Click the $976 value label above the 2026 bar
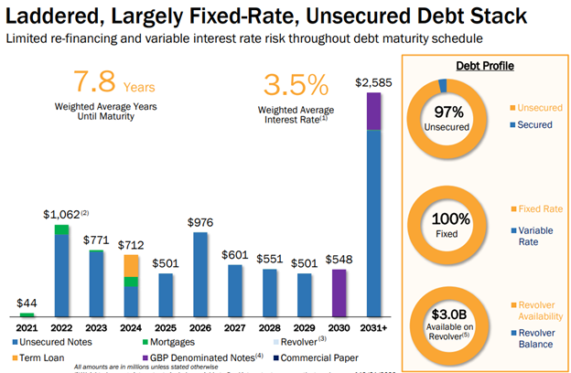coord(200,221)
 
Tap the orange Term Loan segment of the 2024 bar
coord(132,265)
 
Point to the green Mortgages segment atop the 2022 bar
coord(62,229)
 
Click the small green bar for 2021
coord(28,314)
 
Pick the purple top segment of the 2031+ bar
coord(372,111)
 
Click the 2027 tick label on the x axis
coord(234,326)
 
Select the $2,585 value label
coord(372,83)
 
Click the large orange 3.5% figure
coord(295,85)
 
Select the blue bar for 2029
coord(304,294)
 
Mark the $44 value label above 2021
coord(28,303)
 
